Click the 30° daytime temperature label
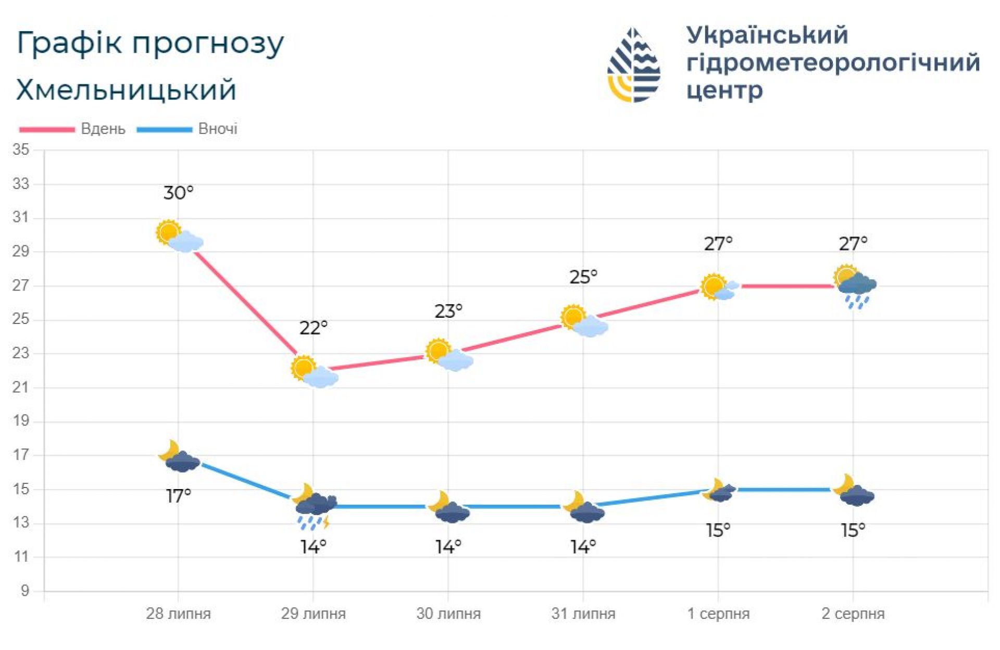pyautogui.click(x=178, y=193)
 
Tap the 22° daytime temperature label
pyautogui.click(x=313, y=328)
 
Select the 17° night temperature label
pyautogui.click(x=178, y=496)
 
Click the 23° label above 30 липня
pyautogui.click(x=448, y=311)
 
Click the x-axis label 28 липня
pyautogui.click(x=178, y=614)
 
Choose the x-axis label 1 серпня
pyautogui.click(x=718, y=614)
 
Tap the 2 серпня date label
pyautogui.click(x=853, y=614)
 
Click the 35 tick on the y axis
pyautogui.click(x=21, y=150)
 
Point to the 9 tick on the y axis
pyautogui.click(x=24, y=591)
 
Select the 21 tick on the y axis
pyautogui.click(x=21, y=387)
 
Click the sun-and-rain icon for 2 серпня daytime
pyautogui.click(x=855, y=286)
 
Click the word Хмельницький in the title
pyautogui.click(x=127, y=90)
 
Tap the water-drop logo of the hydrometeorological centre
pyautogui.click(x=634, y=65)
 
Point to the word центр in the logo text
pyautogui.click(x=724, y=91)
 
